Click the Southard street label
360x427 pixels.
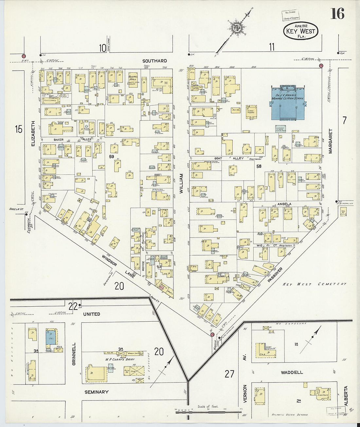pyautogui.click(x=155, y=61)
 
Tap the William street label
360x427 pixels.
pyautogui.click(x=181, y=184)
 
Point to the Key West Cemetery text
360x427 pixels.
pyautogui.click(x=315, y=284)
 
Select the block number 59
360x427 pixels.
pyautogui.click(x=112, y=157)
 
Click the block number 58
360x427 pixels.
pyautogui.click(x=259, y=166)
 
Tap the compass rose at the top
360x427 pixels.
pyautogui.click(x=235, y=27)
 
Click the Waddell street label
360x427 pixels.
pyautogui.click(x=292, y=372)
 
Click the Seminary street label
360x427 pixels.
pyautogui.click(x=96, y=392)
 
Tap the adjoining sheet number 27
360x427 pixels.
pyautogui.click(x=229, y=373)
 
